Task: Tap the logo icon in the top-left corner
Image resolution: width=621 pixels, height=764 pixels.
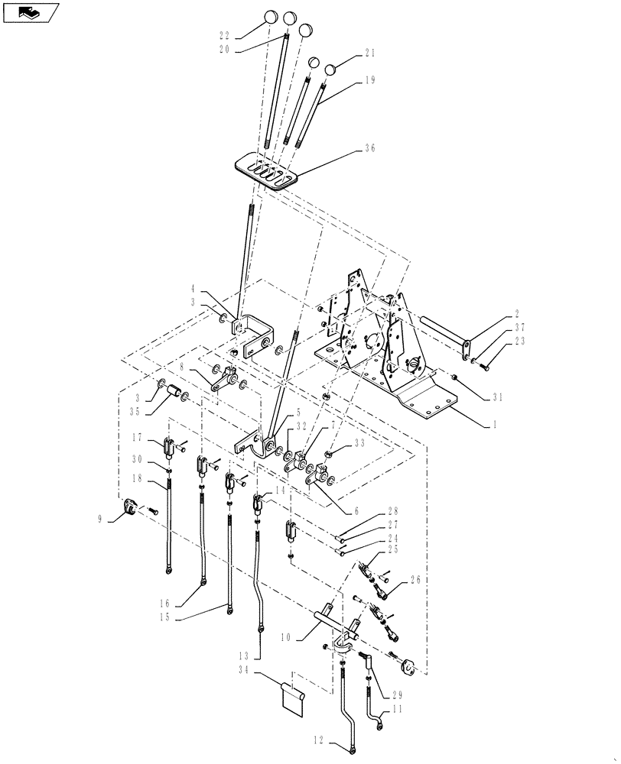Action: click(x=30, y=12)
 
